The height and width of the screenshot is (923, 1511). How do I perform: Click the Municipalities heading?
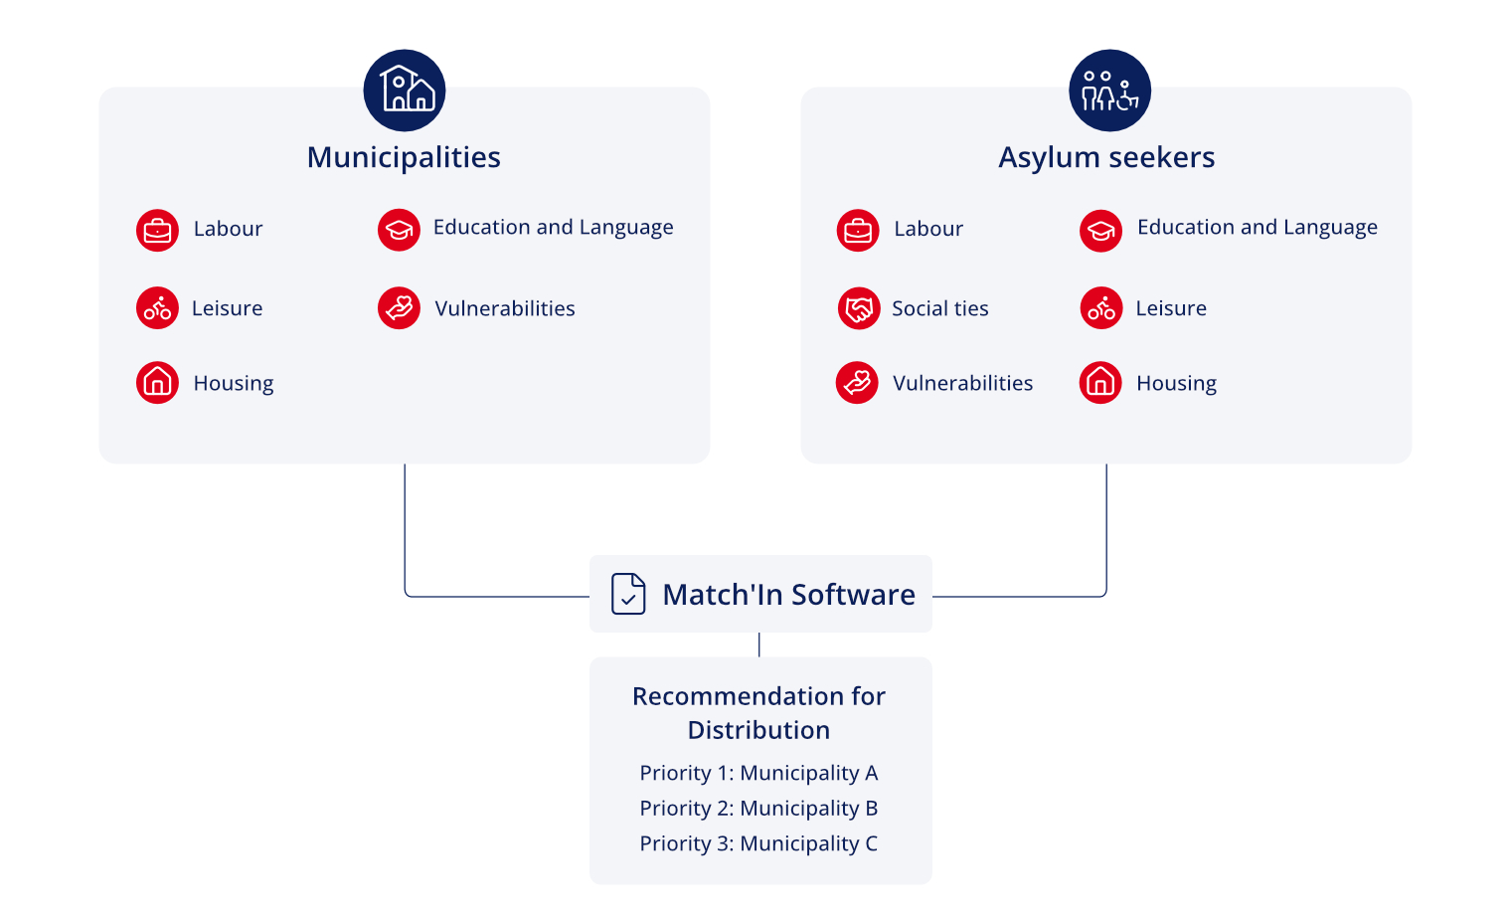coord(404,157)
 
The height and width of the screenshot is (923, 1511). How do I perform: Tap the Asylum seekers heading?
coord(1106,157)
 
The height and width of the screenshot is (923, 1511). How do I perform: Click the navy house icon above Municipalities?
coord(405,91)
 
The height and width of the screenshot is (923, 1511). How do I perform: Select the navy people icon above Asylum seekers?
coord(1109,91)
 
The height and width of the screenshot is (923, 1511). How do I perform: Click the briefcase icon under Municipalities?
coord(157,231)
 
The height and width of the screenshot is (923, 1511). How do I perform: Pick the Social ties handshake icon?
coord(858,308)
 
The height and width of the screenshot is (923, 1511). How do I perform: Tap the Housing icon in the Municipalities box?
coord(157,383)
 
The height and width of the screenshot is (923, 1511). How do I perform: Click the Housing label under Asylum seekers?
coord(1176,384)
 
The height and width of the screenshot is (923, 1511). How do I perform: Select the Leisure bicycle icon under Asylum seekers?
coord(1100,308)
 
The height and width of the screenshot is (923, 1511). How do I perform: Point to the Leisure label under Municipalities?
coord(227,308)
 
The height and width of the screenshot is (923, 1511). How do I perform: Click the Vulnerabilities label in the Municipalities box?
coord(505,308)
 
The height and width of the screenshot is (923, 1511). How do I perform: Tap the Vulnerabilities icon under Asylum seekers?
coord(857,383)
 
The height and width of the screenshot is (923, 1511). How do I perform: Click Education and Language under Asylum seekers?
coord(1257,228)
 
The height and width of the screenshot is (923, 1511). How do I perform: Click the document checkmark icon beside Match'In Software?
coord(628,594)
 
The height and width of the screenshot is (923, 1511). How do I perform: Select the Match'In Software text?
coord(788,595)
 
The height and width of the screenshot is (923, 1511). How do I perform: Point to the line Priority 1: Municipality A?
coord(758,773)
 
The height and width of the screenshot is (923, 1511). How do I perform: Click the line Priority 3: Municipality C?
coord(758,843)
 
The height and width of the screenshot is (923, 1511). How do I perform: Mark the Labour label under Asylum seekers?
coord(928,229)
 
